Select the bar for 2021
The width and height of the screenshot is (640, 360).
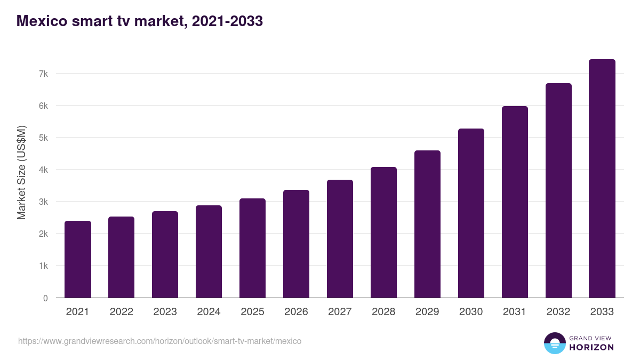tap(78, 259)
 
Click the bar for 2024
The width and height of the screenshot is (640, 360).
tap(209, 251)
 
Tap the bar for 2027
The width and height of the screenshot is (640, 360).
tap(340, 238)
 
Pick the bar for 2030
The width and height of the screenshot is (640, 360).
tap(471, 213)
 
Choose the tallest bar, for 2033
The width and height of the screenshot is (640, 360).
tap(602, 178)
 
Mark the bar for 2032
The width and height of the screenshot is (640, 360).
tap(558, 190)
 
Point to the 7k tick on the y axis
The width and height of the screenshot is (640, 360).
tap(43, 74)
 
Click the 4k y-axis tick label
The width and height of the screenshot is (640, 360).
tap(43, 170)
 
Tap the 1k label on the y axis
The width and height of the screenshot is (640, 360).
tap(43, 266)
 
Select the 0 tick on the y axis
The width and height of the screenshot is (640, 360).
tap(45, 298)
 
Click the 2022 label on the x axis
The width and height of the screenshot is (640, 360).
tap(122, 312)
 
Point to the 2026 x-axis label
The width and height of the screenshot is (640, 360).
tap(296, 312)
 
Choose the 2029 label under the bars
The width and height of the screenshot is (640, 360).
tap(427, 312)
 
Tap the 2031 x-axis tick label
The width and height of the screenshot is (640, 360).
tap(515, 312)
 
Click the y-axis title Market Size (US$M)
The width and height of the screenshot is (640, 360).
tap(21, 172)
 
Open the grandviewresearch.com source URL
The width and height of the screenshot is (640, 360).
tap(159, 341)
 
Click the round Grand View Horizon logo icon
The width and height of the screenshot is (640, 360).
tap(554, 343)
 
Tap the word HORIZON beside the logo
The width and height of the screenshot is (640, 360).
tap(591, 347)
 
